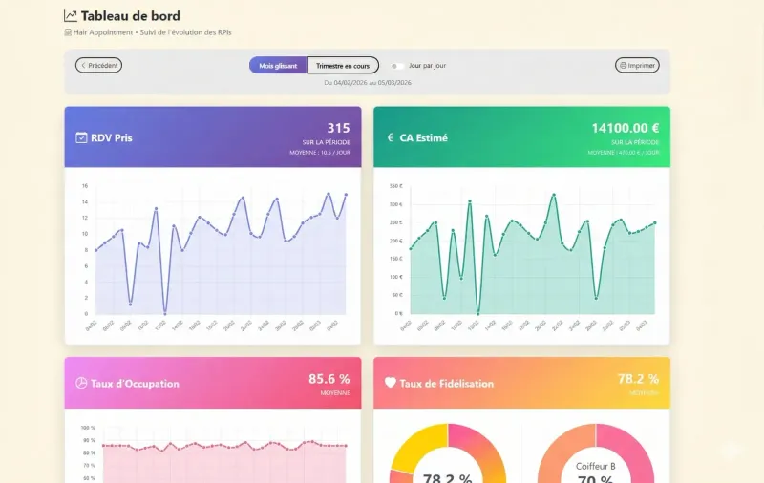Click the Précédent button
click(98, 66)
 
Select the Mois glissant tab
click(278, 66)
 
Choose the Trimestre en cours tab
click(343, 66)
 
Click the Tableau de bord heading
click(131, 16)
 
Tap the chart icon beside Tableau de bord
click(71, 16)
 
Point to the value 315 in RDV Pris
click(338, 128)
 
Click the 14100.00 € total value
click(625, 128)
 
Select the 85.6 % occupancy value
click(329, 379)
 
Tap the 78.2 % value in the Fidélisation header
click(638, 379)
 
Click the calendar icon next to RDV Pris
click(81, 137)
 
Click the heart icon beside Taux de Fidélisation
click(390, 384)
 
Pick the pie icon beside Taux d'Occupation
click(81, 384)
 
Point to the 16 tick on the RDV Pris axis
click(85, 186)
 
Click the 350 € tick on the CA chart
click(395, 186)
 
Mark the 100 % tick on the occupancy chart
click(87, 429)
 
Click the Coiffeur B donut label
click(596, 467)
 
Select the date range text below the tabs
click(368, 83)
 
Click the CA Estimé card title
click(423, 137)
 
